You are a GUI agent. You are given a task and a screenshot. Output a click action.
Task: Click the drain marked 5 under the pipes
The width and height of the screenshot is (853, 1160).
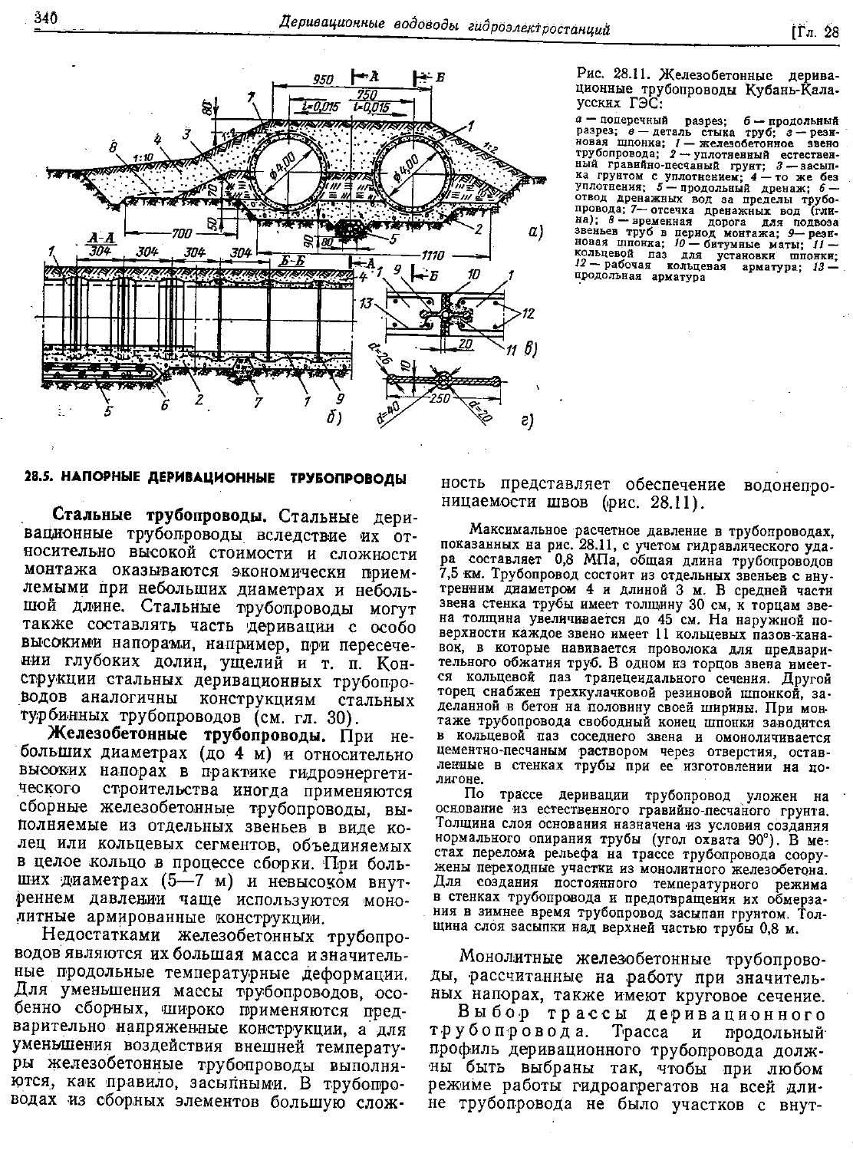(x=354, y=229)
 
